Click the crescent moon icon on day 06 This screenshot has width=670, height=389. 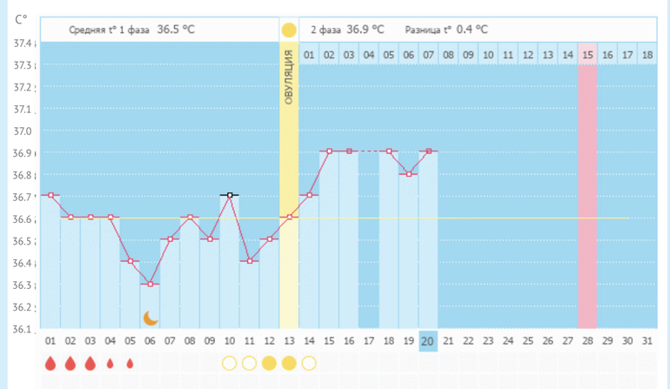pos(151,319)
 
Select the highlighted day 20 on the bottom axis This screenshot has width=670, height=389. pos(427,341)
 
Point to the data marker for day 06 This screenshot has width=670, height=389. pos(151,284)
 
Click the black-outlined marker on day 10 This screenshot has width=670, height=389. pos(230,195)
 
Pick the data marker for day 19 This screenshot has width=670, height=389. pos(408,174)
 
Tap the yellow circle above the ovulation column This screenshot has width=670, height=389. pos(289,30)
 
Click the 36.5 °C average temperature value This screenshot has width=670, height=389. pos(176,29)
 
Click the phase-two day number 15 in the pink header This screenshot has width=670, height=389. pos(587,55)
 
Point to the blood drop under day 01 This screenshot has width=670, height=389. pos(50,363)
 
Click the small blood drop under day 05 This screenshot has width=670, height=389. pos(131,363)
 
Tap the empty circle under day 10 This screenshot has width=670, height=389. pos(230,363)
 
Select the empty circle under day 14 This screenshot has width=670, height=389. pos(308,363)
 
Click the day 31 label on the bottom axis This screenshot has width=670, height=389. pos(645,341)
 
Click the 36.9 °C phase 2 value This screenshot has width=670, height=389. pos(365,29)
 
